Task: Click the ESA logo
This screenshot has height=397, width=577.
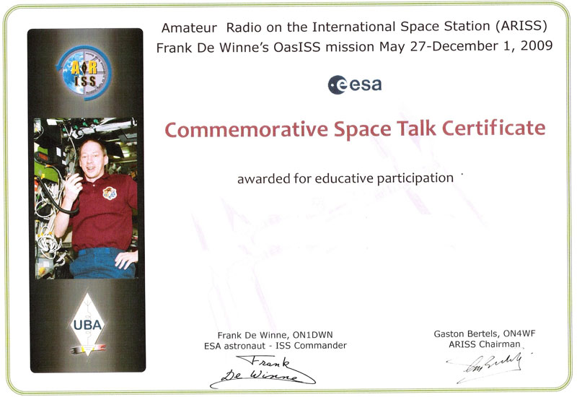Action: pos(354,84)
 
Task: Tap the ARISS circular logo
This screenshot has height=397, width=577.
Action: pos(84,73)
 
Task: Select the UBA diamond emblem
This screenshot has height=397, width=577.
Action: pos(87,325)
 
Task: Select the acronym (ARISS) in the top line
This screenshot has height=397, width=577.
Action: pos(521,26)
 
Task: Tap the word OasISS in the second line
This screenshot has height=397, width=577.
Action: pos(296,47)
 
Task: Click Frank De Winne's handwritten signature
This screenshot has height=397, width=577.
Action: pos(263,371)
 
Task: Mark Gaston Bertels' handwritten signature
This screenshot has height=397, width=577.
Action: pos(489,366)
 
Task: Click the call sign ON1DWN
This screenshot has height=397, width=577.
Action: pos(312,335)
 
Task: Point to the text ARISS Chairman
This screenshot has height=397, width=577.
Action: pos(484,344)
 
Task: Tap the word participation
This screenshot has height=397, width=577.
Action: pos(415,178)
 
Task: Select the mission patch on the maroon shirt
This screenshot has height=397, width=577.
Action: pos(110,193)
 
